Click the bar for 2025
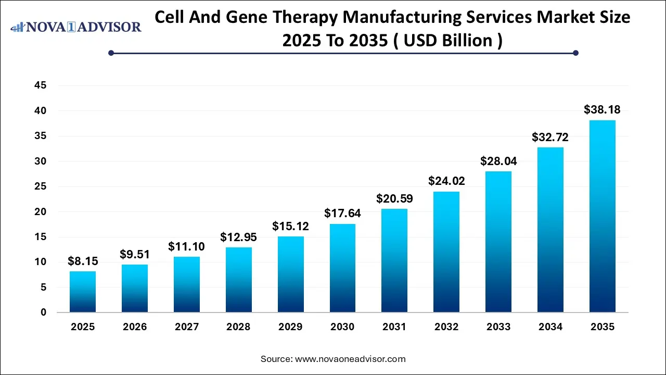coord(83,292)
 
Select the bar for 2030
coord(342,268)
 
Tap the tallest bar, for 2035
coord(602,216)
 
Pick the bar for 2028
coord(238,280)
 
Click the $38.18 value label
coord(602,109)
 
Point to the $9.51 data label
coord(135,255)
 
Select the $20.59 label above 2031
coord(394,198)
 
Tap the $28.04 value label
coord(498,161)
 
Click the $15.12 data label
coord(290,226)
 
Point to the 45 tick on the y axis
coord(40,85)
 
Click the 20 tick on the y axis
coord(40,212)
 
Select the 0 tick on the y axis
coord(43,312)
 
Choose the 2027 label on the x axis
coord(187,327)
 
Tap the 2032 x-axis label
coord(446,327)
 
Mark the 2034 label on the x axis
coord(550,327)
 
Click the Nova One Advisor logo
coord(76,27)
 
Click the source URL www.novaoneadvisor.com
coord(350,359)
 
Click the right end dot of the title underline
coord(575,53)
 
